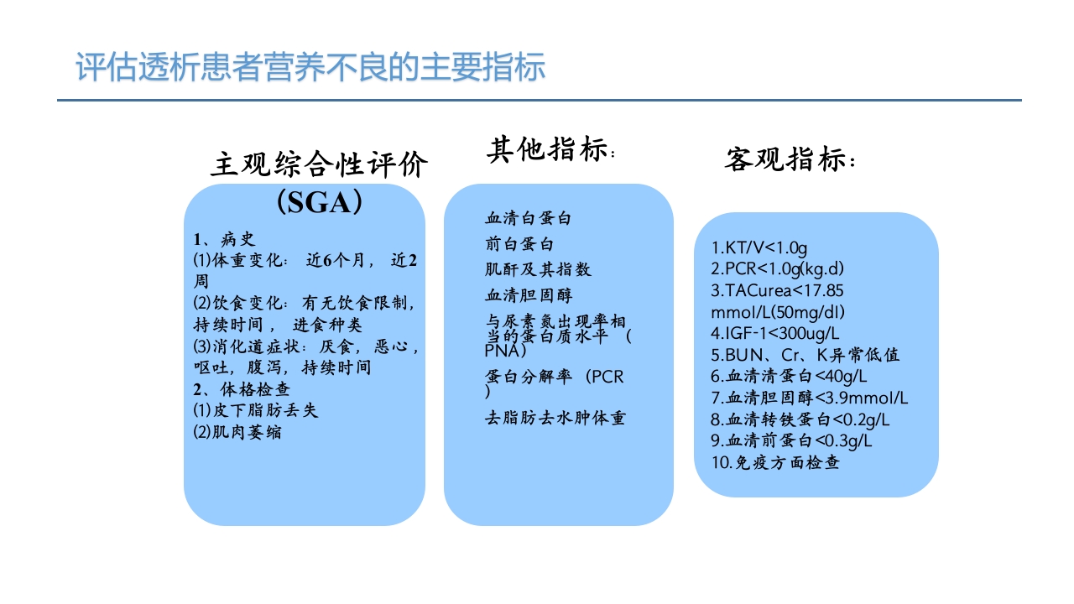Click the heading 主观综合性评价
click(319, 164)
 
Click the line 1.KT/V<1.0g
click(759, 247)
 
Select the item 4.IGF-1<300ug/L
click(775, 333)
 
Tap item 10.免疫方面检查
click(775, 461)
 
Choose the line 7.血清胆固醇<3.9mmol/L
click(809, 398)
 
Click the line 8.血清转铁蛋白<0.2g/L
click(800, 419)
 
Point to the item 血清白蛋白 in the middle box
click(528, 218)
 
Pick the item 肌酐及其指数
click(538, 269)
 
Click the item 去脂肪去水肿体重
click(555, 417)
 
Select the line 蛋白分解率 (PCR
click(555, 377)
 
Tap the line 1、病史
click(224, 239)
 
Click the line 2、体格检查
click(242, 389)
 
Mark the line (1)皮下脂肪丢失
click(256, 411)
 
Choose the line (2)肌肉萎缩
click(237, 433)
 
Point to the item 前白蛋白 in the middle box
click(519, 244)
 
